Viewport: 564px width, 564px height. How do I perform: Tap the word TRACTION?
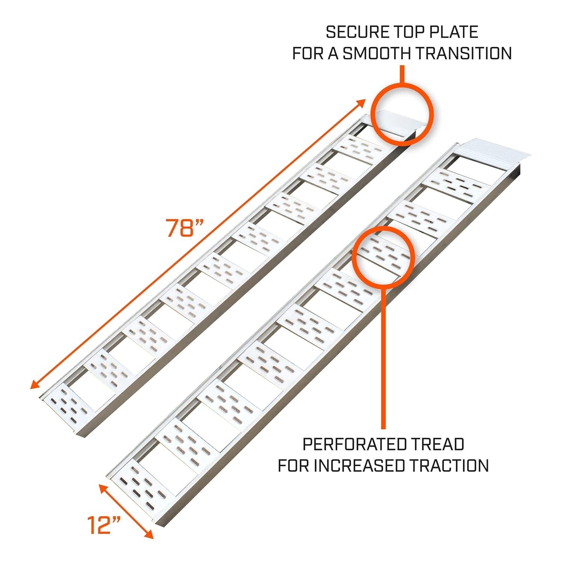point(449,465)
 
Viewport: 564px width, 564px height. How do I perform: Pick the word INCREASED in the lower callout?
point(359,465)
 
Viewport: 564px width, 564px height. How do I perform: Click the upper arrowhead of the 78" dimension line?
point(362,102)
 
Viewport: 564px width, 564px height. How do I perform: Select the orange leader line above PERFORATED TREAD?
point(383,357)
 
